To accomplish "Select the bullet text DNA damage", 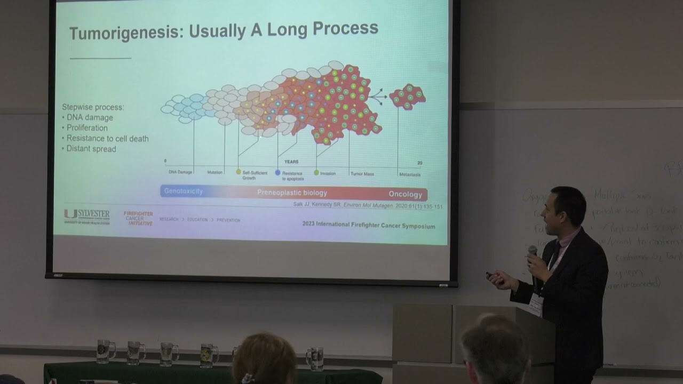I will (x=90, y=118).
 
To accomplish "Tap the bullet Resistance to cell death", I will (x=107, y=139).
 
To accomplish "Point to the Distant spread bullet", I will (x=91, y=149).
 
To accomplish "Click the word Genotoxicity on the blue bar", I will (x=183, y=191).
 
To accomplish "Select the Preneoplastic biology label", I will (x=292, y=193).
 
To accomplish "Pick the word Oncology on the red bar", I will (x=405, y=194).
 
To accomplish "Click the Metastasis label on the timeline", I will (x=409, y=174).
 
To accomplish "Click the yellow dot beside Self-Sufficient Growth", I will (x=239, y=172).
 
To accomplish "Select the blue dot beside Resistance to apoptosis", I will (x=277, y=172).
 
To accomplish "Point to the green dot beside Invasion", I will (x=316, y=173).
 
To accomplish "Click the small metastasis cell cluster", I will (x=407, y=97).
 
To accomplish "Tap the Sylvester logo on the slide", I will (x=86, y=215).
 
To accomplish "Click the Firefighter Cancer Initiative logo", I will (x=138, y=218).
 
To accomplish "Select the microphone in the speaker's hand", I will (x=533, y=251).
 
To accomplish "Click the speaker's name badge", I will (x=535, y=306).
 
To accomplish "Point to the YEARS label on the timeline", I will (x=291, y=162).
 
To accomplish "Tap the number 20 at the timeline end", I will (x=419, y=162).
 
